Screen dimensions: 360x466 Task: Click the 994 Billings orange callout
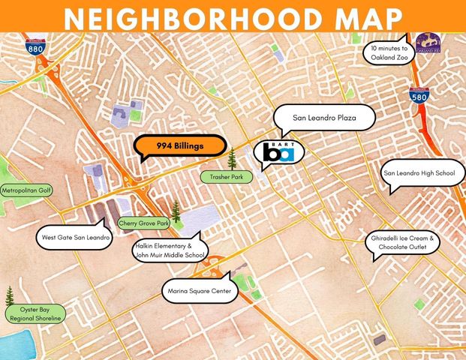[180, 145]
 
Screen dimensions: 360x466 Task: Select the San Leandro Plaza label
[324, 118]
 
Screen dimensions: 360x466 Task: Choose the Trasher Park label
[226, 177]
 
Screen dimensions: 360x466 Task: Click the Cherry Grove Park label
[144, 223]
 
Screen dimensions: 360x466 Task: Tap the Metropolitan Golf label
[26, 190]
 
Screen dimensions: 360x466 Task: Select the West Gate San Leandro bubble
[74, 239]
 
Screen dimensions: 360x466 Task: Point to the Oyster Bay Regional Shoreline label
[35, 313]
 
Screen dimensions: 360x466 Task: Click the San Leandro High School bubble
[419, 174]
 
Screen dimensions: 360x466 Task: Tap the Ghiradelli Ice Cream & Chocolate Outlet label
[401, 242]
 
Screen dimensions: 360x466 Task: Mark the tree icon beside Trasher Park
[232, 158]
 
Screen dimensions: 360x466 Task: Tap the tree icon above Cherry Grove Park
[176, 211]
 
